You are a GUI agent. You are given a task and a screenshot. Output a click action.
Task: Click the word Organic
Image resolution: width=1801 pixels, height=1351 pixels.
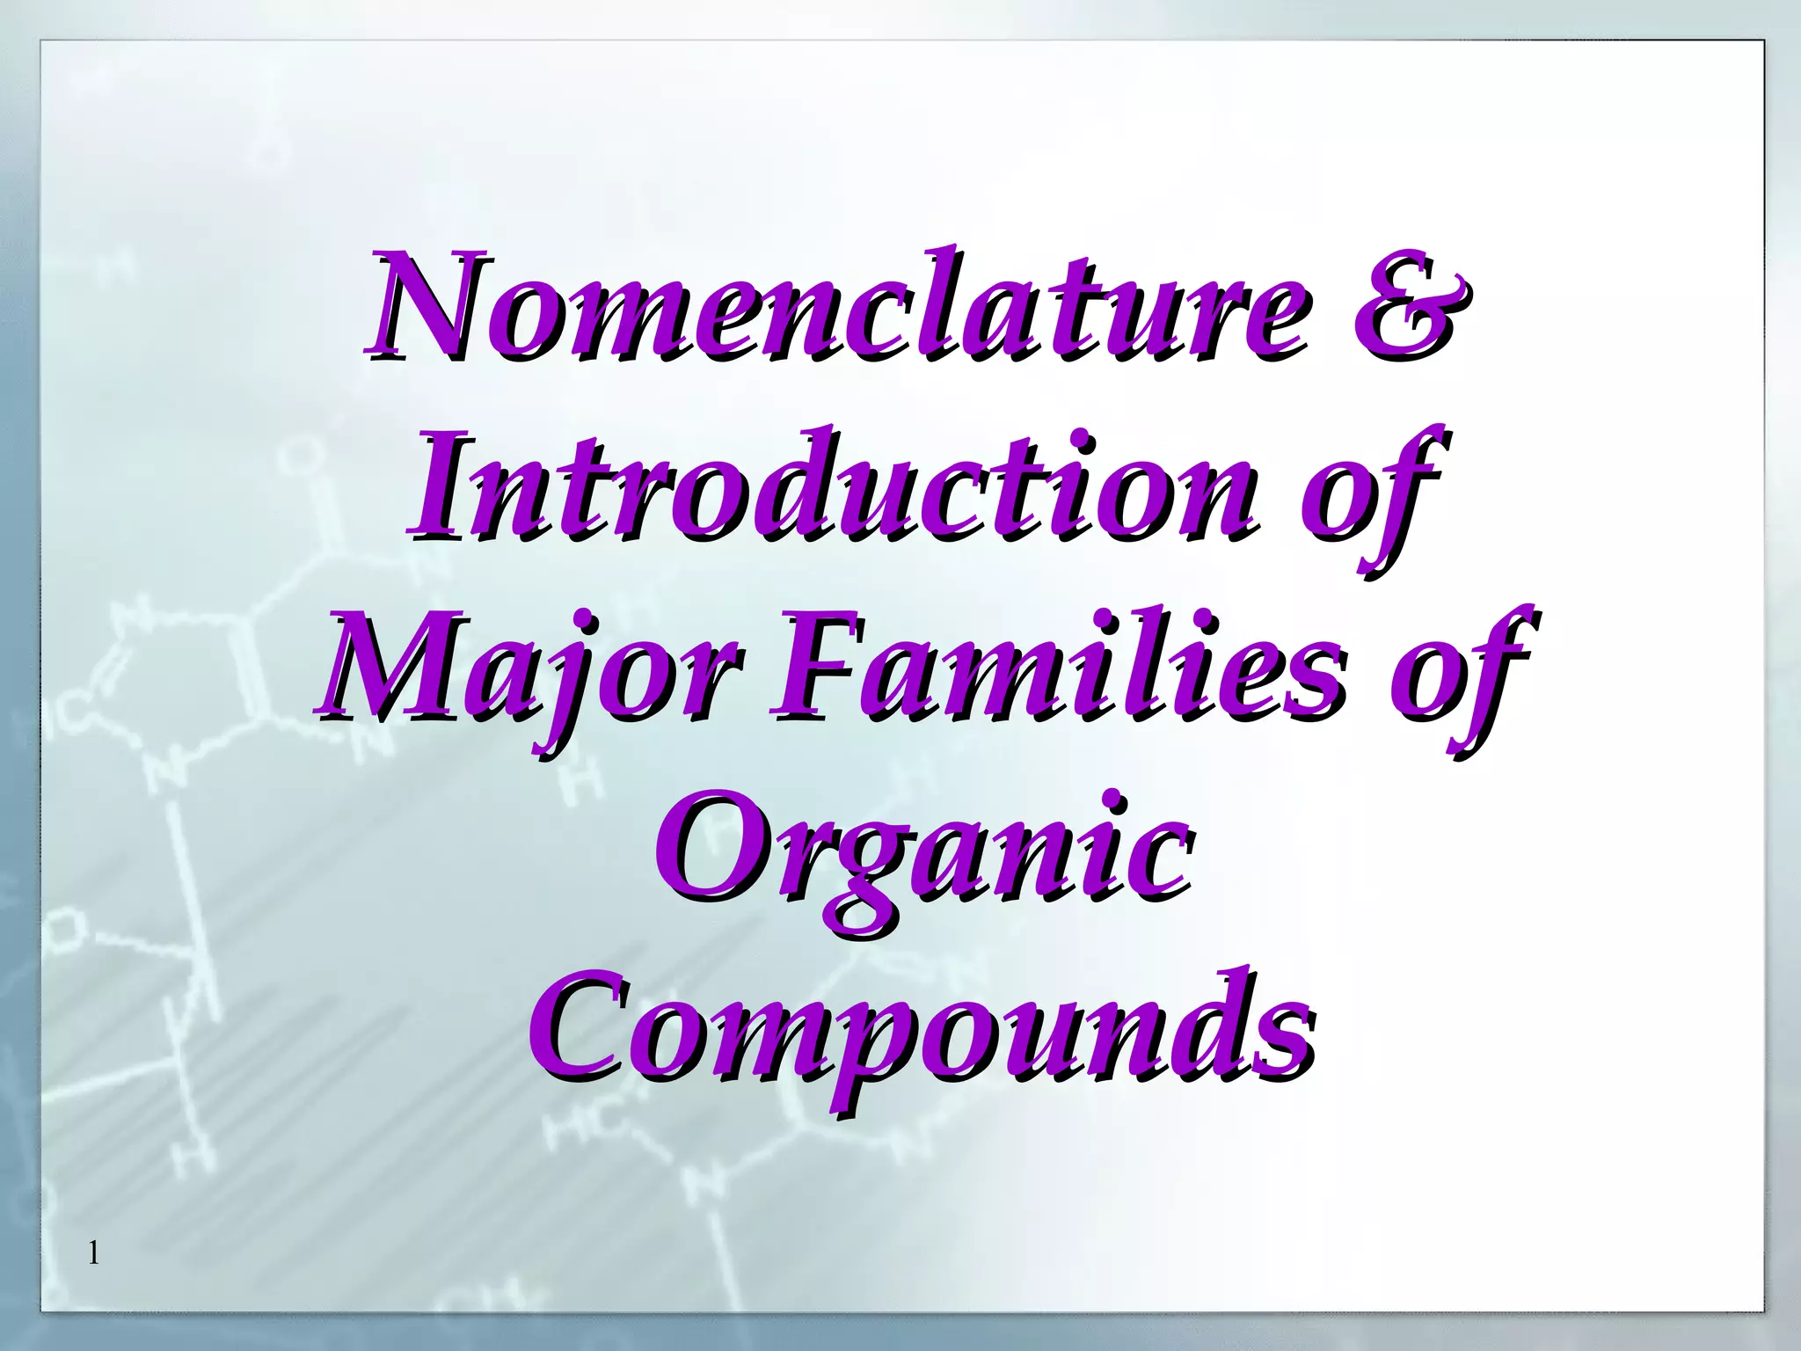click(923, 849)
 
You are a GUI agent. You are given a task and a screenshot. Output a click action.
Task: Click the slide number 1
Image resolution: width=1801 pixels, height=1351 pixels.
click(94, 1252)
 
